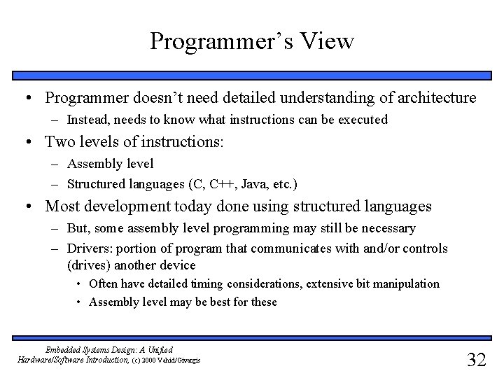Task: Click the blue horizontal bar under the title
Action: coord(252,76)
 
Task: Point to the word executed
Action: coord(363,120)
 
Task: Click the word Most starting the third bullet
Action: coord(61,206)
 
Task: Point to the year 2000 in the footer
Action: coord(157,360)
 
